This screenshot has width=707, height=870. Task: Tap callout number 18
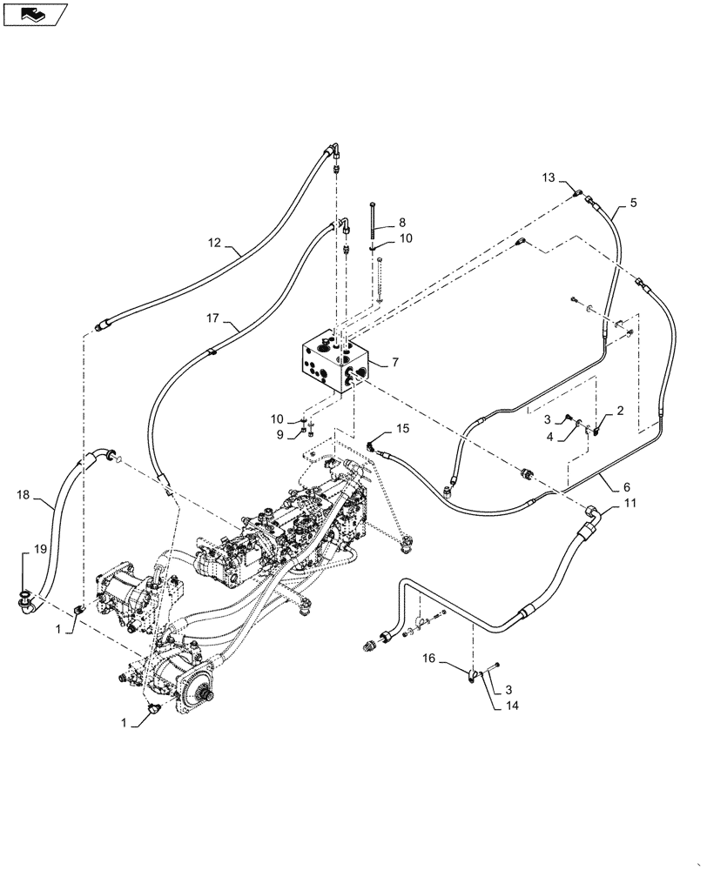point(23,495)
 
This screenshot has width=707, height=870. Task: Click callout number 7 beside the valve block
point(395,361)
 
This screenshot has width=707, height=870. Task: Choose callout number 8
point(402,223)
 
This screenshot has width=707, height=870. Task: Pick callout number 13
point(548,178)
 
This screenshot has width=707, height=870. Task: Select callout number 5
point(633,203)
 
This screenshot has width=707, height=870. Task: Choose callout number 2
point(620,410)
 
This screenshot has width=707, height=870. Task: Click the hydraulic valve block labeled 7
point(334,361)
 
